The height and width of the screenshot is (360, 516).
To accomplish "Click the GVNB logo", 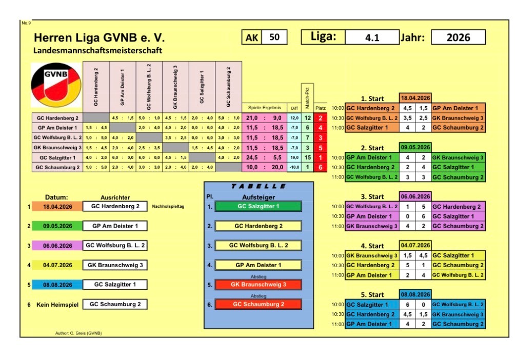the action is tap(56, 85).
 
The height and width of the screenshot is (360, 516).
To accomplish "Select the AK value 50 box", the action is tap(274, 37).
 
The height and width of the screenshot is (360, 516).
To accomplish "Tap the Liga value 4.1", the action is tap(372, 37).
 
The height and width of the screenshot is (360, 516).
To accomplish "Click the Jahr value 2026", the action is tap(458, 37).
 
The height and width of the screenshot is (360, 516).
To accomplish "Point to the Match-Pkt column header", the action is tap(307, 98).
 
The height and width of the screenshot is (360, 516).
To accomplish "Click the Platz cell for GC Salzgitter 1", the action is tap(320, 157).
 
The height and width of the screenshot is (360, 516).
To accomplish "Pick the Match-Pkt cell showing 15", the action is tap(307, 157).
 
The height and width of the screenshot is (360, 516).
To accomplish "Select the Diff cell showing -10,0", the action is tap(294, 167).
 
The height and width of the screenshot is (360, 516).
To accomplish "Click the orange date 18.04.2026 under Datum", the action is tap(57, 207).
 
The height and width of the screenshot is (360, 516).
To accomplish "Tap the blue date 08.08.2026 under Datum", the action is tap(57, 285).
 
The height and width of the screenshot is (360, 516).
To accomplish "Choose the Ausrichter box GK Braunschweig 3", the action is tap(115, 265).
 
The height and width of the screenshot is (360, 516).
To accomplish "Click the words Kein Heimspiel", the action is tap(57, 305).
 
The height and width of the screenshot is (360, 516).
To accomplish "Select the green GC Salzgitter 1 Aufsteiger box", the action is tap(259, 206).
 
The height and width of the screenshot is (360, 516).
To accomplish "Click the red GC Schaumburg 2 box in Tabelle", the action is tap(259, 304).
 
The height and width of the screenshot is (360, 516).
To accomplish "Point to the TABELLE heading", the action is tap(259, 186).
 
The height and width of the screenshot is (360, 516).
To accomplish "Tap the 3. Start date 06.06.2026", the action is tap(415, 196).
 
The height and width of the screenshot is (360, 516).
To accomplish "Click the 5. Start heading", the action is tap(372, 295).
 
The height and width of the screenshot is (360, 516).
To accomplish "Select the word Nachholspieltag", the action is tap(168, 206).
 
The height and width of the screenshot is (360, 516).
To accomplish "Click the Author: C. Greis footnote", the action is tap(78, 333).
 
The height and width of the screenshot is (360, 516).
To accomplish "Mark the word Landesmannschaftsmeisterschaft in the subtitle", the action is tap(98, 50).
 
